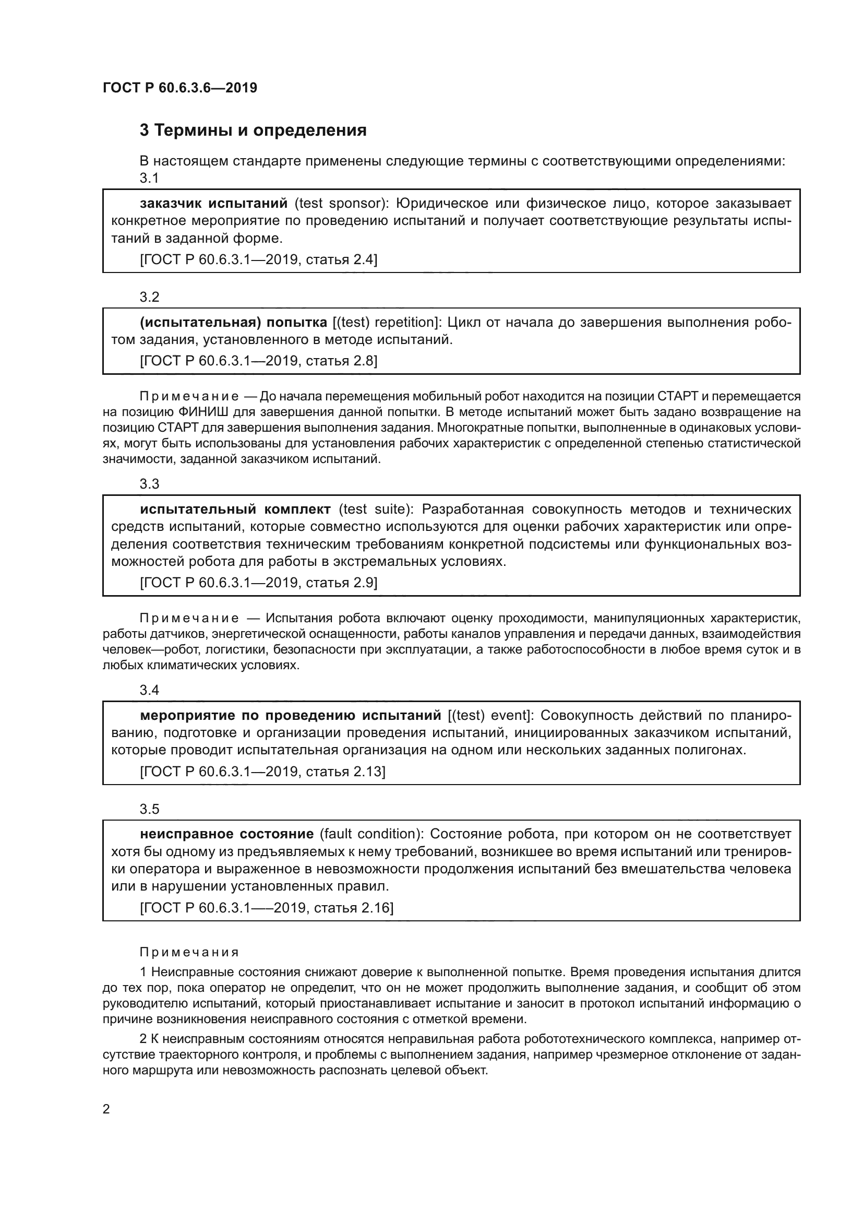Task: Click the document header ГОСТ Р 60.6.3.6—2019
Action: pos(180,88)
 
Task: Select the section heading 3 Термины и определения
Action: pos(253,131)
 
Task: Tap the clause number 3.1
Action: pos(149,178)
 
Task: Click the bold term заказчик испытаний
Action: pos(213,203)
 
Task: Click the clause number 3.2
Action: pos(149,297)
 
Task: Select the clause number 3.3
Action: pos(149,484)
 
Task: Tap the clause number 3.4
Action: pos(149,690)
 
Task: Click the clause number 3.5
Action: pos(149,809)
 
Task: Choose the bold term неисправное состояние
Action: pos(227,834)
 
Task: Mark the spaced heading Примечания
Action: pos(189,953)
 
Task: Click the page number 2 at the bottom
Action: pos(106,1109)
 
